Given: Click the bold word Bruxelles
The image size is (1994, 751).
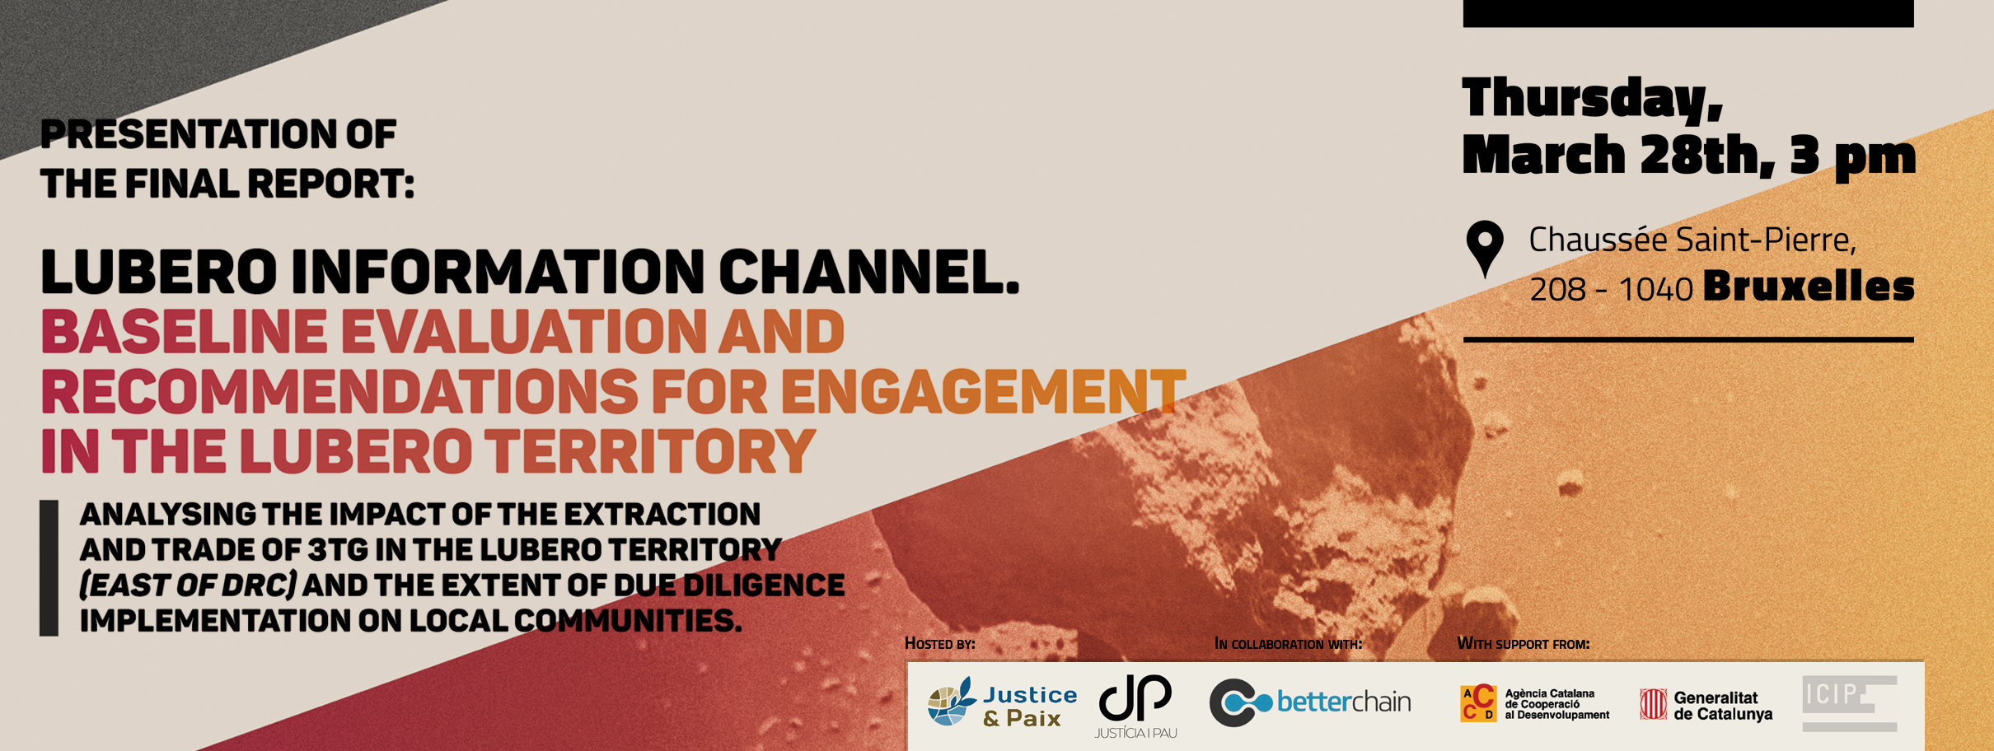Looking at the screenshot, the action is tap(1809, 287).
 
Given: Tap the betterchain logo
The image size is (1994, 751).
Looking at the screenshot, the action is tap(1310, 702).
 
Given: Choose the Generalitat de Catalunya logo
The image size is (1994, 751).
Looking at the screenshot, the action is tap(1706, 706).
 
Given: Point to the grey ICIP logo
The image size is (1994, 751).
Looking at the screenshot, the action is tap(1850, 703).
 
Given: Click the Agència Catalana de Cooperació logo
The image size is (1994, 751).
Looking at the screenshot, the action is tap(1534, 704).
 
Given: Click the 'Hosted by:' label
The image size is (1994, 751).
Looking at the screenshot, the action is tap(940, 643).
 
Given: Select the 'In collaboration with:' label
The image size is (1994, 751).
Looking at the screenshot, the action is tap(1289, 643).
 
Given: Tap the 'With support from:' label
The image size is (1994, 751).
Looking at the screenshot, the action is tap(1524, 643).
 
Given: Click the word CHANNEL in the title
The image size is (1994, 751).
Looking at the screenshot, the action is tap(869, 272).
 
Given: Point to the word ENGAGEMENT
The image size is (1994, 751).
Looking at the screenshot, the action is tap(983, 391).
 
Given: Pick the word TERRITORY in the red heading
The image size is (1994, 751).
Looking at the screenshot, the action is tap(649, 451).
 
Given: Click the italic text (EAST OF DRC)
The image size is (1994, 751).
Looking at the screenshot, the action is tap(188, 585).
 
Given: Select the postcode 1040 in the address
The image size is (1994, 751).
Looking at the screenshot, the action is tap(1656, 290).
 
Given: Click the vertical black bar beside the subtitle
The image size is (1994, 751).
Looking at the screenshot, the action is tap(49, 568).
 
